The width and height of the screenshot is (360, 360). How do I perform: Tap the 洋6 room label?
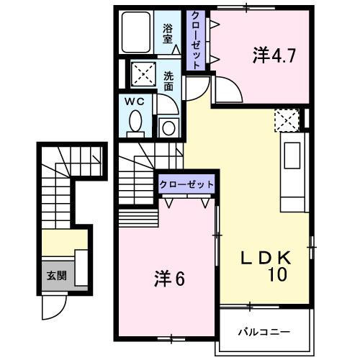(170, 277)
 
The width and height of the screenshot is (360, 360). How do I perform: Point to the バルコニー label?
(264, 333)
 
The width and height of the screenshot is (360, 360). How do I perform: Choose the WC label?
(136, 102)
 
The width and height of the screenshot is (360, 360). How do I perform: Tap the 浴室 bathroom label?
(168, 34)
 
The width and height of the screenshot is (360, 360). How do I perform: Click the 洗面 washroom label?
(168, 80)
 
